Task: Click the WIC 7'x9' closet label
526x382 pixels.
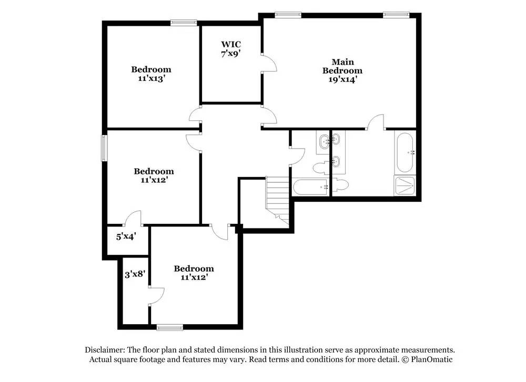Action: click(231, 49)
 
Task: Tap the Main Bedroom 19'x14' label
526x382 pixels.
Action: click(342, 71)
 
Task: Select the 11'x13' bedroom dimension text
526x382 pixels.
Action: click(151, 78)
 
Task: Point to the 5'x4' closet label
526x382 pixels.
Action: click(126, 236)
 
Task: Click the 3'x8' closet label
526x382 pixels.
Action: click(135, 274)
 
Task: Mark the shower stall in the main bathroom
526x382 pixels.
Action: click(405, 185)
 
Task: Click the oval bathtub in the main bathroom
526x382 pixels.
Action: click(405, 152)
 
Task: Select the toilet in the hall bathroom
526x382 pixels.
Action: click(321, 168)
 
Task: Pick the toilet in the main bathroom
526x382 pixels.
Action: click(340, 185)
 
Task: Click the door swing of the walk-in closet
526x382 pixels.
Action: click(269, 63)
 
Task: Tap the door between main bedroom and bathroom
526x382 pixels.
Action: click(375, 122)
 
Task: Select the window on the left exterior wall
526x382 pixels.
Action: click(104, 148)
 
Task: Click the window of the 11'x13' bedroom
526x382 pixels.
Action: click(184, 23)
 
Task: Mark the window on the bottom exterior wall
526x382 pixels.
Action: click(170, 327)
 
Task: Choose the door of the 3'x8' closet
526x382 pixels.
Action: click(156, 296)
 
